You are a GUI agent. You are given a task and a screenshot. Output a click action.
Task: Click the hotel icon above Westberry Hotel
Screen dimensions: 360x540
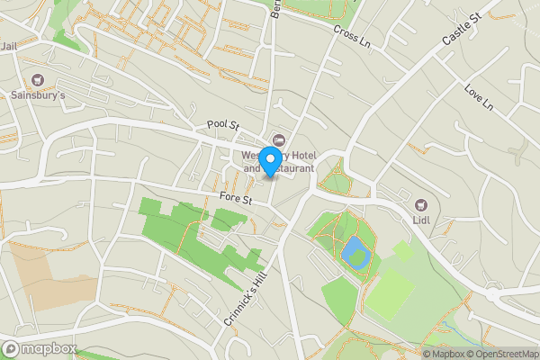[278, 139]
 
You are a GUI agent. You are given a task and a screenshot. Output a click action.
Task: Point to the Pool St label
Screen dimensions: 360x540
[221, 125]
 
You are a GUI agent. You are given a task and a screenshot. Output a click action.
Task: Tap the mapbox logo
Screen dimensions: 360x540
[39, 348]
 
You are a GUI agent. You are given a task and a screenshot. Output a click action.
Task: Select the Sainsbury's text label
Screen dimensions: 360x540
[38, 94]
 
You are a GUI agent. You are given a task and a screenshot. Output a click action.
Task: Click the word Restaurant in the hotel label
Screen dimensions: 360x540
[290, 167]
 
